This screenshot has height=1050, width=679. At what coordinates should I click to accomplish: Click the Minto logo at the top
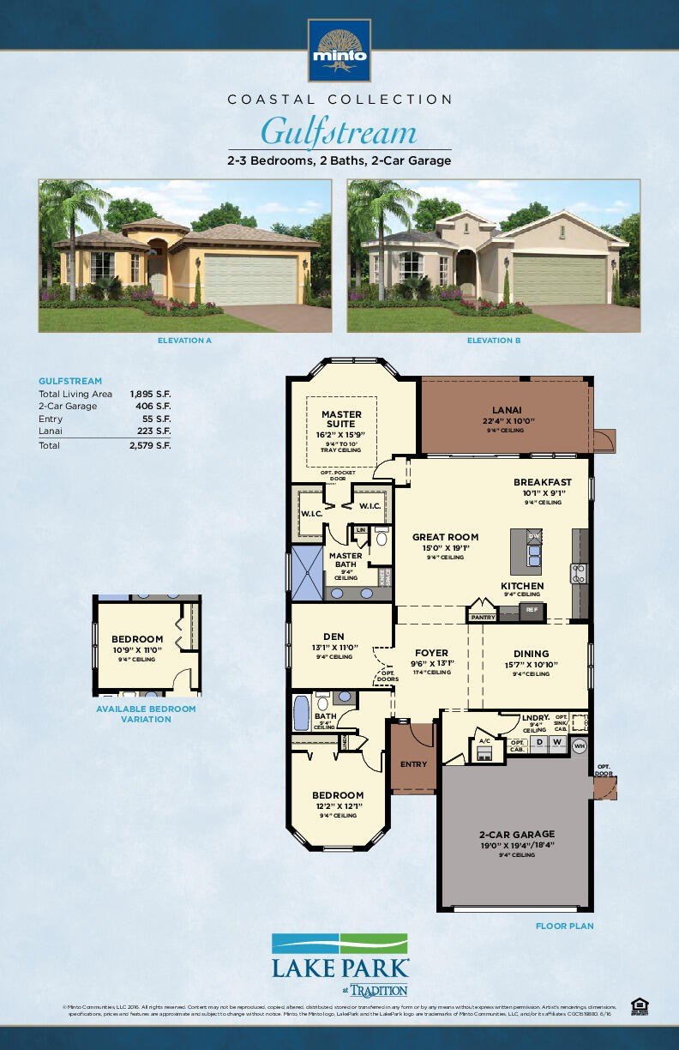click(x=339, y=49)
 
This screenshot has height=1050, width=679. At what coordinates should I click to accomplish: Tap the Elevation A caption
click(x=184, y=341)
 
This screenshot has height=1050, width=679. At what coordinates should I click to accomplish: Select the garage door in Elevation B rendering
click(x=560, y=277)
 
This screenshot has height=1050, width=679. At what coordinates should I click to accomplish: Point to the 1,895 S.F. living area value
click(x=150, y=394)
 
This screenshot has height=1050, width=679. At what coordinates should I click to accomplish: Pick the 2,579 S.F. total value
click(x=150, y=446)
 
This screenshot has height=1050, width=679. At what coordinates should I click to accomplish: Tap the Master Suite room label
click(x=341, y=419)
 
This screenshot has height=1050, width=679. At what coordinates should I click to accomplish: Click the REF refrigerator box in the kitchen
click(x=532, y=610)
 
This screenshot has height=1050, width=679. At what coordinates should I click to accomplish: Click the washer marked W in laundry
click(x=556, y=742)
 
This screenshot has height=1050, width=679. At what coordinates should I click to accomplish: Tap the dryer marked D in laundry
click(x=540, y=742)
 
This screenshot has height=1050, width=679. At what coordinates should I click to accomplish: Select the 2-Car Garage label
click(x=516, y=834)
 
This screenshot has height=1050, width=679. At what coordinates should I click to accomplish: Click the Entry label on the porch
click(x=413, y=763)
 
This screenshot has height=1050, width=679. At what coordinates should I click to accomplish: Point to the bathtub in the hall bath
click(x=301, y=712)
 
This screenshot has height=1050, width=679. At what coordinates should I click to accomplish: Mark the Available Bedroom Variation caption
click(x=146, y=714)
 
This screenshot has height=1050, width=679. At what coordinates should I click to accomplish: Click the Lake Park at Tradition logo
click(x=340, y=963)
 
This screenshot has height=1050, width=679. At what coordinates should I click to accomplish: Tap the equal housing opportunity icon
click(x=639, y=1005)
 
